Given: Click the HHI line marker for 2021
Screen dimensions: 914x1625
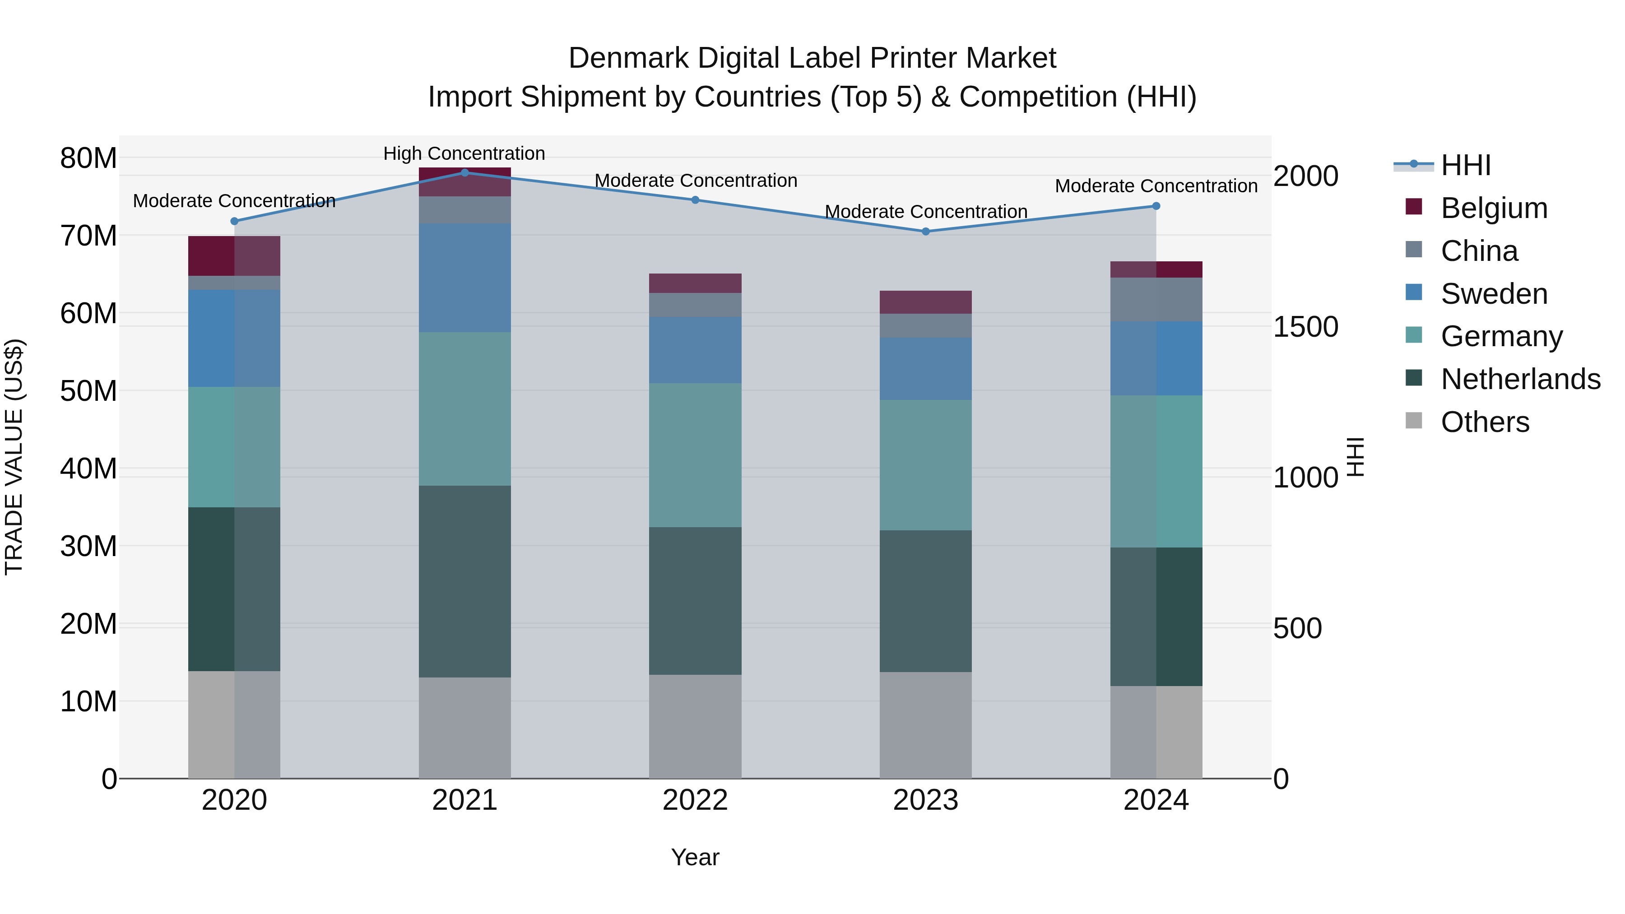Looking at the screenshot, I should pos(465,172).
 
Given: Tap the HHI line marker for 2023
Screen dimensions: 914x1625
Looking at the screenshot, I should pos(925,232).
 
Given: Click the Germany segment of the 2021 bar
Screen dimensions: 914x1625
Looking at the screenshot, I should pos(465,409).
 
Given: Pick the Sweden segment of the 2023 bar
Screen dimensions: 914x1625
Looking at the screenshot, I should pos(925,368).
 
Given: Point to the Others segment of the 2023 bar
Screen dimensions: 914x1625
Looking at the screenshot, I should pos(925,725).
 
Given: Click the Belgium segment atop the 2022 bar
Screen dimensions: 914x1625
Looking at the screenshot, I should pos(695,283).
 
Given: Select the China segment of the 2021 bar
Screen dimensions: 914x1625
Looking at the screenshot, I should pos(465,210).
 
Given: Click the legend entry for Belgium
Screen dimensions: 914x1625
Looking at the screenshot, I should pos(1494,208).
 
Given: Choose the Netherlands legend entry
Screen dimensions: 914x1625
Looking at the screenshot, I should pos(1520,379).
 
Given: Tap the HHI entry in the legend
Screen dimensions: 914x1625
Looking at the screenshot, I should pos(1465,165).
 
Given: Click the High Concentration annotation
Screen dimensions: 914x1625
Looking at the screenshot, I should pos(464,153).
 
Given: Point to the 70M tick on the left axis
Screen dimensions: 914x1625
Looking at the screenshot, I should pos(88,236).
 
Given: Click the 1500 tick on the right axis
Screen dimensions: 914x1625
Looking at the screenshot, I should pos(1305,327).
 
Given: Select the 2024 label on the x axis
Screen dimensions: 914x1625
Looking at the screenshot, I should pos(1156,800).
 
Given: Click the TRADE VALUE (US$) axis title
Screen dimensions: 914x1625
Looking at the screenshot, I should pos(14,457).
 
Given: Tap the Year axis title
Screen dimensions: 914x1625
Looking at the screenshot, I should pos(695,857).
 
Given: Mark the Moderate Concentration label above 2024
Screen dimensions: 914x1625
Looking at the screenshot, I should pos(1156,186).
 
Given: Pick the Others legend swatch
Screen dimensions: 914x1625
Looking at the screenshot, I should pos(1414,421).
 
